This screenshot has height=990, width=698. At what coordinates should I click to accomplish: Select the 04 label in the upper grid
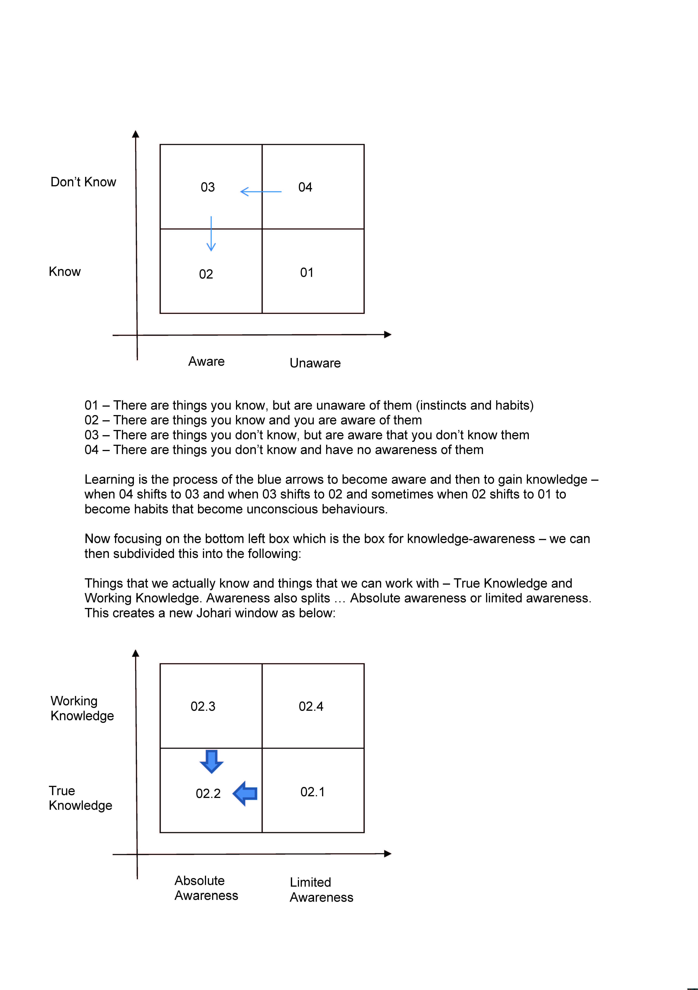tap(305, 187)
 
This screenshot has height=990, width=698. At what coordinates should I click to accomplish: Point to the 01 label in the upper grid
tap(307, 272)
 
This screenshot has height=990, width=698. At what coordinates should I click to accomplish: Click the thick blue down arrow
tap(211, 761)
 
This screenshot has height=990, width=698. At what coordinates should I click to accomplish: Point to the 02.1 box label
tap(312, 792)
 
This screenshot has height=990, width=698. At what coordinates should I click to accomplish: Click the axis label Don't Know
tap(83, 182)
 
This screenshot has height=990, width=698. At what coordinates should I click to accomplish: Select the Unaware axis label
tap(315, 363)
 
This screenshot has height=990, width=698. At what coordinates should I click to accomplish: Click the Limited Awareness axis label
tap(321, 889)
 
